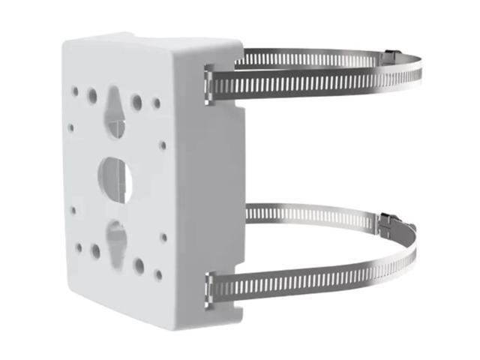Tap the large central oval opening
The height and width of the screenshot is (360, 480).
pyautogui.click(x=115, y=175)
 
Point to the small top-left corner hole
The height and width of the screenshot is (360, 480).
pyautogui.click(x=75, y=91)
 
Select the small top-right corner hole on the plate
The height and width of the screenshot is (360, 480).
pyautogui.click(x=157, y=103)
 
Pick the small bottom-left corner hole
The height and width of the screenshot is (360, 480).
pyautogui.click(x=78, y=246)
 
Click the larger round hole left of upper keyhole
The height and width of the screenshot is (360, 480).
pyautogui.click(x=91, y=96)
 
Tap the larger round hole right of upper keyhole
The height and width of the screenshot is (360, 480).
pyautogui.click(x=137, y=100)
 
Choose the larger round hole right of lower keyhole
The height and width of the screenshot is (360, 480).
pyautogui.click(x=139, y=265)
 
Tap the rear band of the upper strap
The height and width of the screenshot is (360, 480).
pyautogui.click(x=315, y=57)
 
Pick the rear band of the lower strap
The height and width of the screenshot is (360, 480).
pyautogui.click(x=315, y=214)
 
